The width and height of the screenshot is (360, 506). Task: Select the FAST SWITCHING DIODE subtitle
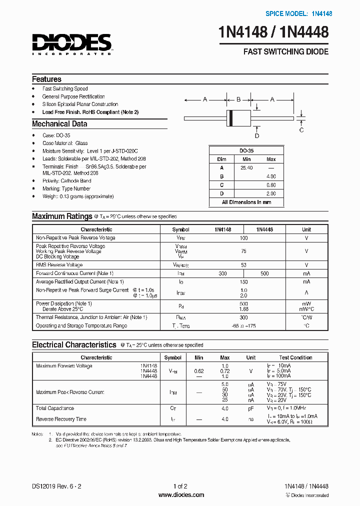point(285,52)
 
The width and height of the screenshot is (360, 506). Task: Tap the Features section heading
point(46,79)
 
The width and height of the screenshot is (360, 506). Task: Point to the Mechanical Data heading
point(59,124)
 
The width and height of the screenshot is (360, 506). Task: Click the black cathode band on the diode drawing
point(230,118)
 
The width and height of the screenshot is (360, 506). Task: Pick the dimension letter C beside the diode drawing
point(301,130)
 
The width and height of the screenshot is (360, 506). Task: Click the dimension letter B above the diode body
point(238,99)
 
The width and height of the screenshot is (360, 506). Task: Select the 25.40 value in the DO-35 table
point(246,168)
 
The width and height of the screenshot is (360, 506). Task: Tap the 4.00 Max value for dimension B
point(271,176)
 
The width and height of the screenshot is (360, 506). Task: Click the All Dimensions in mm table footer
point(246,202)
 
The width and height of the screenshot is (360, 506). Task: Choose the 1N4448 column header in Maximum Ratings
point(264,229)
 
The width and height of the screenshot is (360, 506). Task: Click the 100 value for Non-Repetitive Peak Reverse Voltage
point(244,238)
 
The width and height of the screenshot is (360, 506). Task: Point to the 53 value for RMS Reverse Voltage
point(244,265)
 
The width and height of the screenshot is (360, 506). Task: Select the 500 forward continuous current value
point(264,273)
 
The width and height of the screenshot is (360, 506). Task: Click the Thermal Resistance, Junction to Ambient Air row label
point(91,317)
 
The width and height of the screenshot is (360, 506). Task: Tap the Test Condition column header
point(295,357)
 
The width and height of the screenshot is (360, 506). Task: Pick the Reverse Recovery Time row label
point(61,419)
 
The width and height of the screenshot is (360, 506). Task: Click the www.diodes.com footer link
point(180,495)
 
